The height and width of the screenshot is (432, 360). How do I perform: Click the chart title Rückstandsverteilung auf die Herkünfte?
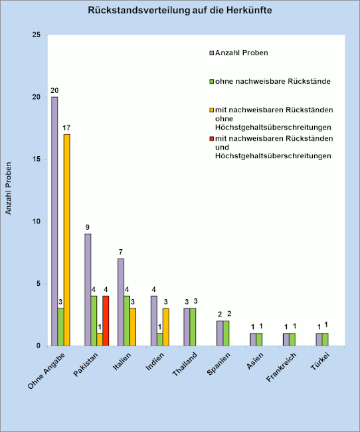point(180,10)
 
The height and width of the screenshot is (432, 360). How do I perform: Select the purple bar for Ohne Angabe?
point(54,221)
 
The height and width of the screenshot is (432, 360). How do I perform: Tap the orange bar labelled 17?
point(66,240)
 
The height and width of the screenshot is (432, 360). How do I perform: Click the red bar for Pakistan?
point(106,321)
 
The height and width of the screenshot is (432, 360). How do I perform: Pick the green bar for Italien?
point(127,321)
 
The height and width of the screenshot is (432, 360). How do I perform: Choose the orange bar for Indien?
point(166,327)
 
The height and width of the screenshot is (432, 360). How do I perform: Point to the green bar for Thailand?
point(193,327)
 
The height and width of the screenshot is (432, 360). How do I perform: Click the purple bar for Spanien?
point(220,333)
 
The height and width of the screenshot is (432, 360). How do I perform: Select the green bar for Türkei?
point(325,340)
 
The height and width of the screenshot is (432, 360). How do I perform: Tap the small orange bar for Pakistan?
point(100,340)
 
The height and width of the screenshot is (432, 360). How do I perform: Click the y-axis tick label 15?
point(37,160)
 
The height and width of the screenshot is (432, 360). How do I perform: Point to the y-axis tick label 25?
point(37,35)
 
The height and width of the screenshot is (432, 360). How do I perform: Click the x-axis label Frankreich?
point(281,367)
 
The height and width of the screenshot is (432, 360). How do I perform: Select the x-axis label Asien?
point(255,361)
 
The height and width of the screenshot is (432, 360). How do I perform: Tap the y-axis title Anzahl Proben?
point(9,188)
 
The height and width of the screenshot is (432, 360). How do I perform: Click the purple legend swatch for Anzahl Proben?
point(211,53)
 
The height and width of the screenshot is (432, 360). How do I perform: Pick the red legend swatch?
point(211,139)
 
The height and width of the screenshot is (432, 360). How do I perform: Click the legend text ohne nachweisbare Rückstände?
point(273,81)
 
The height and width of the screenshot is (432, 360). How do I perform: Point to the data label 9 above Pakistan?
point(87,227)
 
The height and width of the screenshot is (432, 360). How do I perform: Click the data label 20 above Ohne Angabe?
point(54,90)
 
